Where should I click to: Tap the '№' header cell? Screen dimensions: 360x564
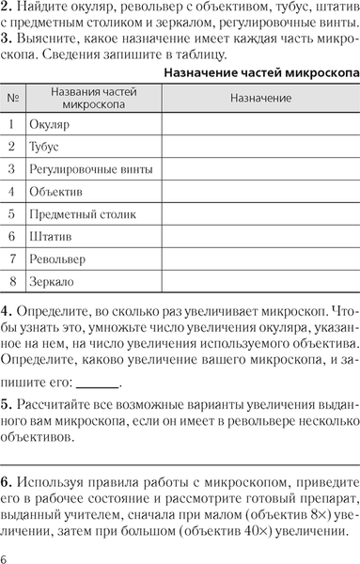[x=13, y=98]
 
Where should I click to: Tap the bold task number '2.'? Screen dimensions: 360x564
[x=8, y=7]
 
